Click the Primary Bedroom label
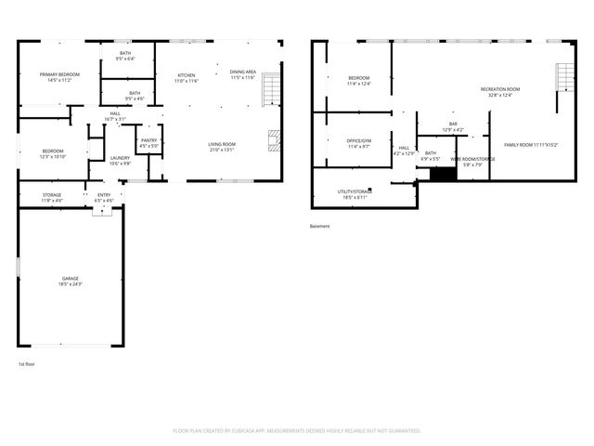tap(58, 77)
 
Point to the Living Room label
tap(221, 147)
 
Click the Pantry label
tap(148, 143)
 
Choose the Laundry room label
tap(120, 160)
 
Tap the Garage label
tap(71, 282)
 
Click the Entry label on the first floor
tap(103, 197)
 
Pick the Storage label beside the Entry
tap(52, 197)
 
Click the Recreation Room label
tap(499, 91)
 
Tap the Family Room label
tap(531, 145)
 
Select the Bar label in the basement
tap(453, 126)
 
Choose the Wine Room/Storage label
tap(472, 162)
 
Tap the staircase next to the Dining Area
tap(270, 89)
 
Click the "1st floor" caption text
tap(28, 363)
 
